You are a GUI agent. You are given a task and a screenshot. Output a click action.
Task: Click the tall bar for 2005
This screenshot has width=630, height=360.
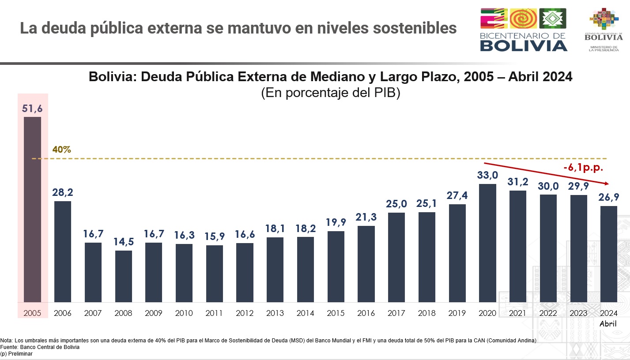coord(32,210)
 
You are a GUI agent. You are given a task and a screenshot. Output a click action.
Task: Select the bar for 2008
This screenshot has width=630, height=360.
coord(124,276)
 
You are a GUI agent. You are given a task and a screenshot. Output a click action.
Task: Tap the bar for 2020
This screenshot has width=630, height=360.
coord(487,243)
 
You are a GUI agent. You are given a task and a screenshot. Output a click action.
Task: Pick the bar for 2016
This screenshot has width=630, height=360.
coord(366,264)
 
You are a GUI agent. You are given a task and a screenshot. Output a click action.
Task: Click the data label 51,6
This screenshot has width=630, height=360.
coord(32,109)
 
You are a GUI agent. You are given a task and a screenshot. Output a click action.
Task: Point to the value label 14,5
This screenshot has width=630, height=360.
coord(124,242)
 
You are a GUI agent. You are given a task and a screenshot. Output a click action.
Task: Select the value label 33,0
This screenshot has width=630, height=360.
coord(487,175)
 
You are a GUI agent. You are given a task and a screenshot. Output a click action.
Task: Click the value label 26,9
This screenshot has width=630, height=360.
coord(608,197)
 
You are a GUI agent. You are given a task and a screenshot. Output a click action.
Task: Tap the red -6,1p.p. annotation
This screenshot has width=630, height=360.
coord(583,168)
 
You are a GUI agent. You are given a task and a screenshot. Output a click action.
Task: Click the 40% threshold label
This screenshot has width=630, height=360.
coord(61,150)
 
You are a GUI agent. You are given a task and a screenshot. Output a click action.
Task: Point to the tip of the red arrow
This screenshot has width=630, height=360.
coord(608,184)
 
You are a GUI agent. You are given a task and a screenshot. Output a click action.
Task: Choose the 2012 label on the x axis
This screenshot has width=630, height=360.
coord(245,313)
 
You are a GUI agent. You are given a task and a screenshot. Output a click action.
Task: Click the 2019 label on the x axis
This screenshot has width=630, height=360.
coord(457,313)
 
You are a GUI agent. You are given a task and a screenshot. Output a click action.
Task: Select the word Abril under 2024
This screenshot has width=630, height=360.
coord(608,324)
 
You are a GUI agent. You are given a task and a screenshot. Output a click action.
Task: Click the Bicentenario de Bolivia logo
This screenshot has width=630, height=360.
coord(524,30)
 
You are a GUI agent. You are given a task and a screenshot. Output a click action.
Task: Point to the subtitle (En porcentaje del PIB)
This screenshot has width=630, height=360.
coord(330,94)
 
